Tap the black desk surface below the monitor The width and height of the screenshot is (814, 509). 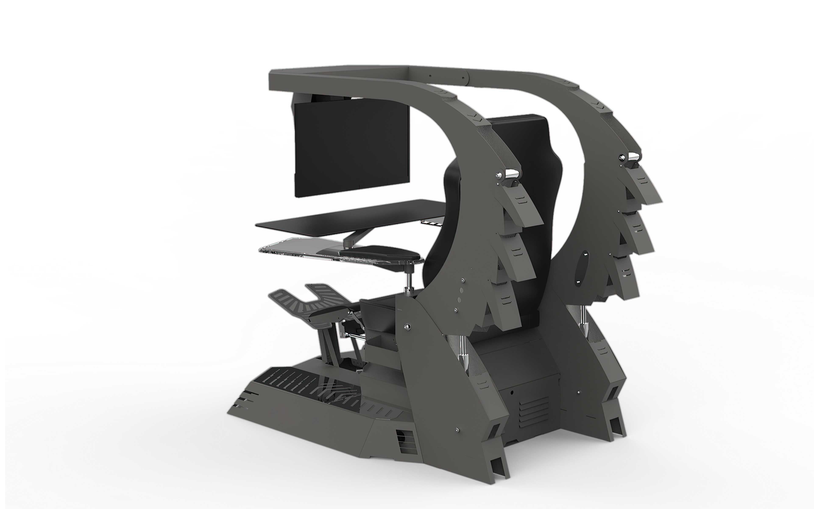coord(350,215)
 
